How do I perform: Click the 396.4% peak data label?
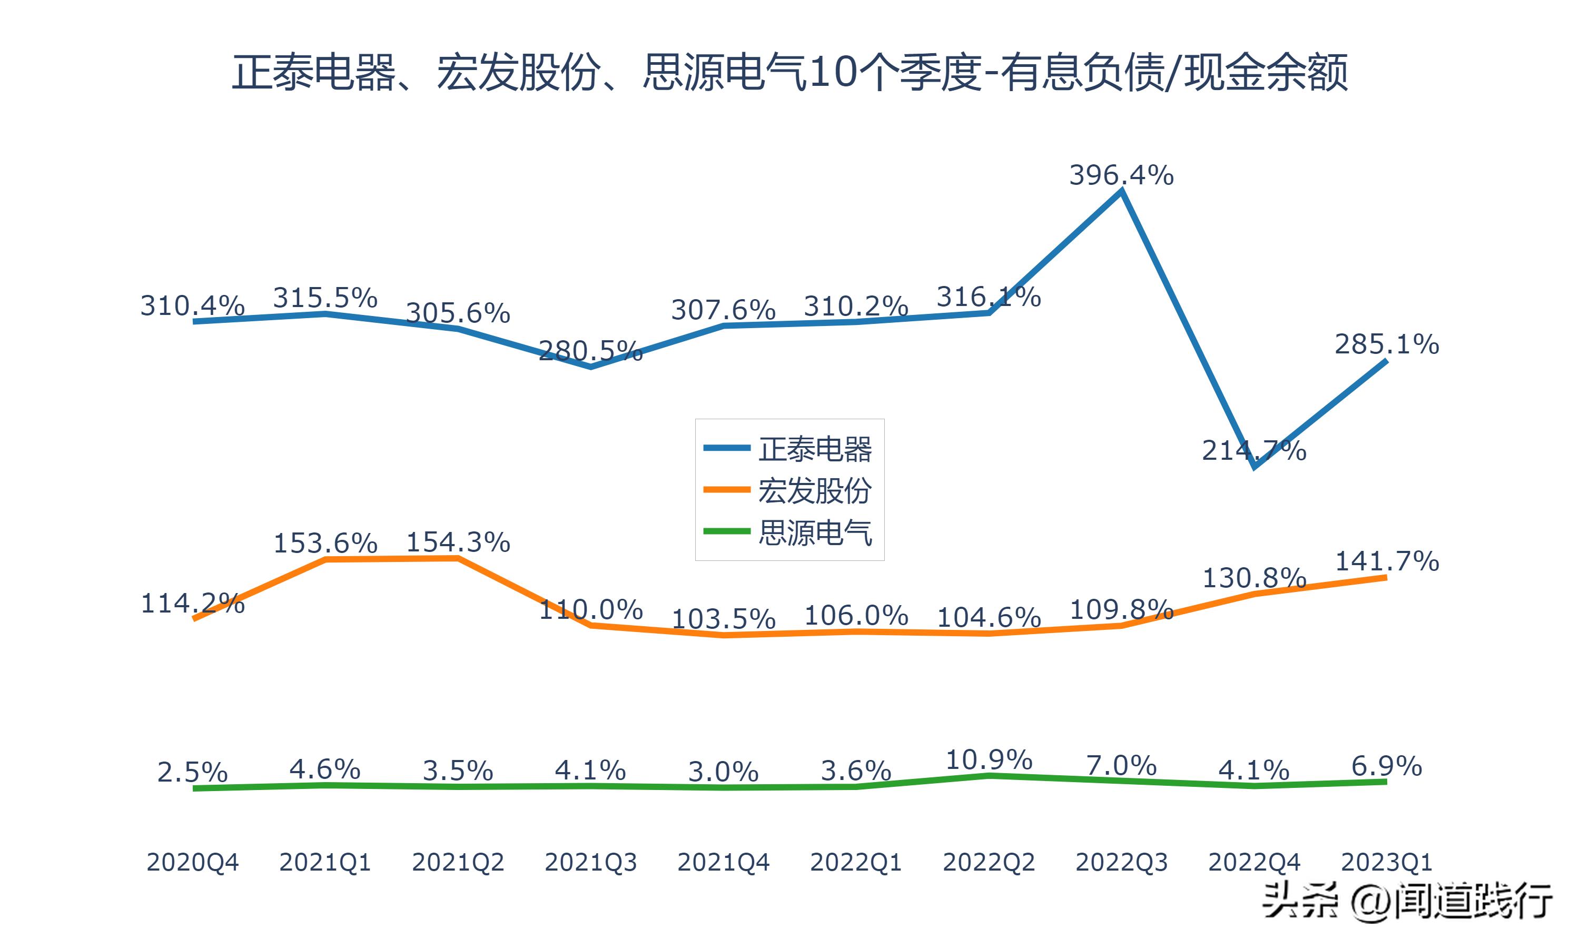[x=1121, y=175]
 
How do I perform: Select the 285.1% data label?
[x=1387, y=344]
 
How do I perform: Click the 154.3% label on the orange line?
[x=458, y=542]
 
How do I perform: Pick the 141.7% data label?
[x=1387, y=561]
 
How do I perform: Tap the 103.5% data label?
[x=723, y=618]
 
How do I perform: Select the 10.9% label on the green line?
[x=989, y=759]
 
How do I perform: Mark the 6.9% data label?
[x=1387, y=765]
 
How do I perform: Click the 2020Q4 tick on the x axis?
[x=192, y=862]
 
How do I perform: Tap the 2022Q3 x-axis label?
[x=1121, y=862]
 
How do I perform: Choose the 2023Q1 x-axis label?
[x=1387, y=862]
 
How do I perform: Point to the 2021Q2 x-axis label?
[x=458, y=862]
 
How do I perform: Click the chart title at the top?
[x=789, y=72]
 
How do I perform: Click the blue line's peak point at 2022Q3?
[x=1121, y=190]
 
